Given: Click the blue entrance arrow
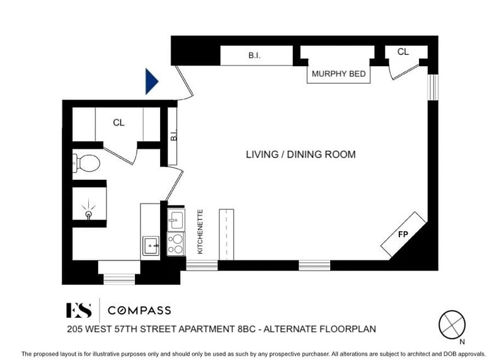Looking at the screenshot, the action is point(152,81).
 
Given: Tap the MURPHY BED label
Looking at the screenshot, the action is point(338,74).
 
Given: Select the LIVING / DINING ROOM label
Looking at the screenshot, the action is point(301,154).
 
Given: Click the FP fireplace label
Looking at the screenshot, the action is point(403,235).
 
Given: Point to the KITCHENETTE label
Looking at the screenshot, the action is point(200,231).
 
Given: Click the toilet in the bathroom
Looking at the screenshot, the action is point(86,163).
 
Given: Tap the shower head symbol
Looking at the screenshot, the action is point(88,210).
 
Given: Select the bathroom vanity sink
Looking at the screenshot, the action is point(151,246).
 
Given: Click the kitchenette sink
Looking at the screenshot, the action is point(176,220).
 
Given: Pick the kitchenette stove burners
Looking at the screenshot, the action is point(176,244).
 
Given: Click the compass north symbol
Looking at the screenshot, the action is point(452,325).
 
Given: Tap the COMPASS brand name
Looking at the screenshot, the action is point(139,310).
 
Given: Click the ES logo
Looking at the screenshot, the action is point(79,310).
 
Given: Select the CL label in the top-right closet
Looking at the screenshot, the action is point(403,52).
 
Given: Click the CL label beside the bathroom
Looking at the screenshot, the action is point(118,122).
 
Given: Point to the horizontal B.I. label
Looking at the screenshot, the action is point(255,55).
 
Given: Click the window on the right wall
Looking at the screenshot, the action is point(433,87).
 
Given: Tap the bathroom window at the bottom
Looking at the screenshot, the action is point(119,279).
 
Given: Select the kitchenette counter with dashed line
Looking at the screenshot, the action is point(226,235).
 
